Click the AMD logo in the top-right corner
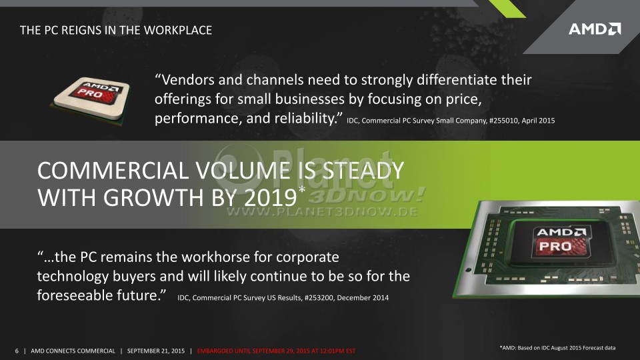click(x=595, y=29)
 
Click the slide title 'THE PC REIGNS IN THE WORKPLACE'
click(x=116, y=30)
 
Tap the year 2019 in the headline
click(x=271, y=198)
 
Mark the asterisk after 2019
click(x=301, y=190)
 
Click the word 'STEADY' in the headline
click(x=363, y=171)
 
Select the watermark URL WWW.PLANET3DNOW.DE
click(x=322, y=212)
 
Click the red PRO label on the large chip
click(x=555, y=246)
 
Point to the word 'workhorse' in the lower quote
click(x=215, y=257)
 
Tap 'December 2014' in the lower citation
click(x=363, y=297)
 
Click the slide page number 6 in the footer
click(x=17, y=351)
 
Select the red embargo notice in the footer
click(x=276, y=351)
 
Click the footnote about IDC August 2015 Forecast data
click(x=557, y=348)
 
